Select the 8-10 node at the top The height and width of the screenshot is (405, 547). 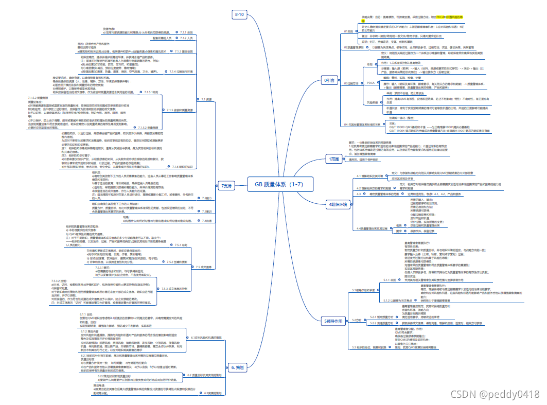tap(240, 14)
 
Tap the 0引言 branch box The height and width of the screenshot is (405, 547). tap(329, 80)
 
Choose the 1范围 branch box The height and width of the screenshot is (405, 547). tap(333, 160)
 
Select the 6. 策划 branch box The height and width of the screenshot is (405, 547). tap(237, 353)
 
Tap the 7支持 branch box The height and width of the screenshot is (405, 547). tap(226, 185)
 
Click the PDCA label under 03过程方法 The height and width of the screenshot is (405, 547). tap(370, 82)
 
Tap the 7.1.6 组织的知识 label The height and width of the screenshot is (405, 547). tap(183, 167)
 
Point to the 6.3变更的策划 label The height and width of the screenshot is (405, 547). tap(212, 393)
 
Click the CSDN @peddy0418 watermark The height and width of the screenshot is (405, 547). tap(495, 394)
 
